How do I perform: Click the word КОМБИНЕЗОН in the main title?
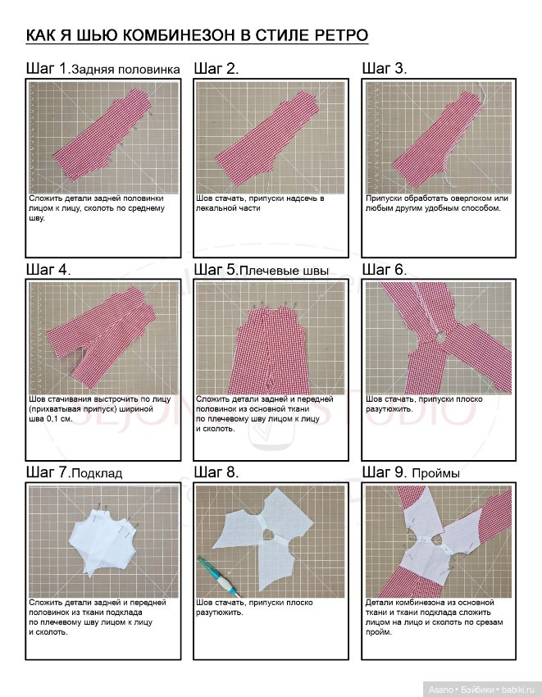point(177,35)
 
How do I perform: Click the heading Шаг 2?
point(216,68)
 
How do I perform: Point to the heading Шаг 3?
point(385,68)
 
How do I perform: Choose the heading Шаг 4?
point(48,270)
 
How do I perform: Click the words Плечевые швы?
point(284,271)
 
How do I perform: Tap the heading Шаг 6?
point(385,270)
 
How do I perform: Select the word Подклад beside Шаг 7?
point(97,473)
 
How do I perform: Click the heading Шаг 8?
point(216,471)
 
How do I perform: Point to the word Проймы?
point(435,473)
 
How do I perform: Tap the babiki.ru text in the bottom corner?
point(519,690)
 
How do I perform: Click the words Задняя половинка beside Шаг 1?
point(125,70)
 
